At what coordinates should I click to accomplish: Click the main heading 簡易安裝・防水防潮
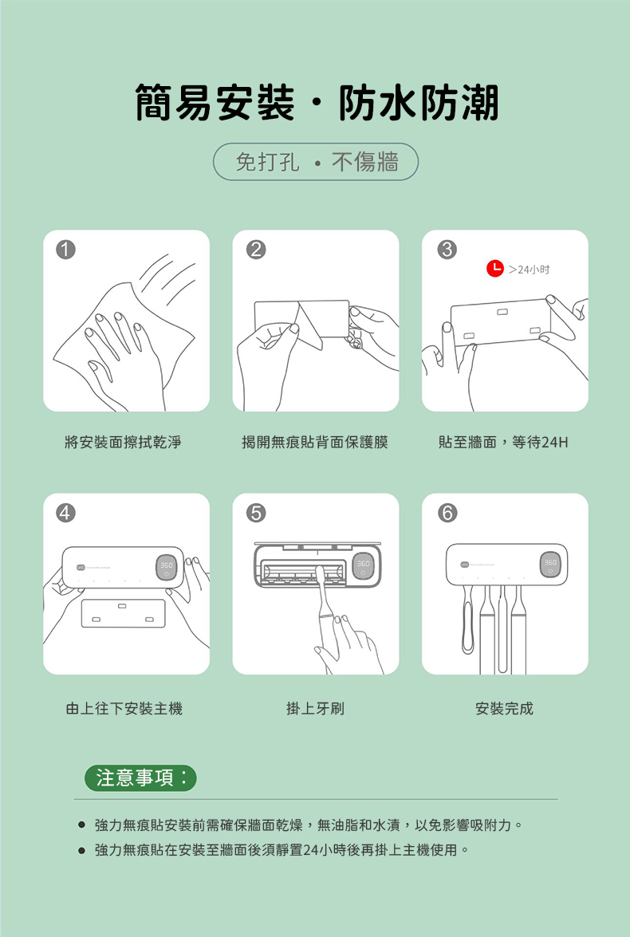(x=317, y=104)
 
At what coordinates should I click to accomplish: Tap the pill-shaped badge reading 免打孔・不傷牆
(x=316, y=162)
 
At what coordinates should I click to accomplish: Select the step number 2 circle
(x=254, y=250)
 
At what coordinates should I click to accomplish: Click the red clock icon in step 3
(x=494, y=269)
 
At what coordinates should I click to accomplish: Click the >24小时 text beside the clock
(x=530, y=270)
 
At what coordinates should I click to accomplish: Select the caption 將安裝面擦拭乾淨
(x=123, y=442)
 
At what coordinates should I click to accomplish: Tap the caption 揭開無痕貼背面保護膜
(x=315, y=442)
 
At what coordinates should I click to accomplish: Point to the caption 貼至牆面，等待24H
(x=502, y=442)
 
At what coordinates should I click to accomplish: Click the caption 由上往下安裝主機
(x=124, y=707)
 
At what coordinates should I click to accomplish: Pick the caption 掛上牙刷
(x=315, y=707)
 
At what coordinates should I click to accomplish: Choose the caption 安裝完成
(x=504, y=707)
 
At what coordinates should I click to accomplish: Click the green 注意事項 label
(x=140, y=778)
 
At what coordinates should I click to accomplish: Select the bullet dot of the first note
(x=81, y=825)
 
